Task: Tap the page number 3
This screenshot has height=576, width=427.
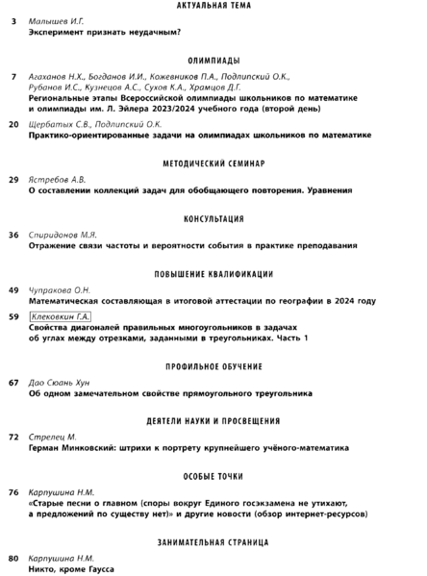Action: tap(13, 20)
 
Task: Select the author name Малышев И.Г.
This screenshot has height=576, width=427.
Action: tap(58, 20)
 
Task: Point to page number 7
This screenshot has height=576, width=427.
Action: tap(13, 75)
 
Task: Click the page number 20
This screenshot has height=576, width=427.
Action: tap(13, 124)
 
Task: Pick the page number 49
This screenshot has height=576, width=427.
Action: tap(13, 289)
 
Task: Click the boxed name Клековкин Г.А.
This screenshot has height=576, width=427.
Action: tap(62, 315)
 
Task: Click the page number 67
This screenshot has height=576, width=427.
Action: tap(13, 382)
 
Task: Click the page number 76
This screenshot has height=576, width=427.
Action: tap(13, 491)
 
